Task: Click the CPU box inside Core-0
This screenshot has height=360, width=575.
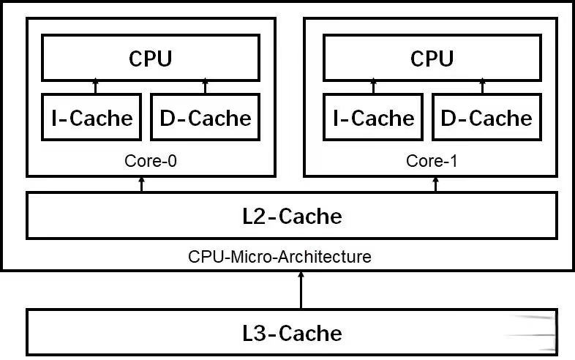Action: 150,58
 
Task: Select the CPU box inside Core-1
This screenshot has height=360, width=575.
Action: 432,58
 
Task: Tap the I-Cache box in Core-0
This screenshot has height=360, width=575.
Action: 92,117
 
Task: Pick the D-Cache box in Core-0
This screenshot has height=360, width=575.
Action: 205,117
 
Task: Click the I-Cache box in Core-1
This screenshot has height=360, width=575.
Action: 374,117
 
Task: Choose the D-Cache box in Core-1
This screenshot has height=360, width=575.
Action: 486,117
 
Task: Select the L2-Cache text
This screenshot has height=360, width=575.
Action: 292,217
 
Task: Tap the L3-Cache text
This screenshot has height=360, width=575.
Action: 292,334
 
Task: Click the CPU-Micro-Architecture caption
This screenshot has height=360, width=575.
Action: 279,257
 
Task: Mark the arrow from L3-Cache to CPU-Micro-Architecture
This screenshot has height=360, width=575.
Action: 300,290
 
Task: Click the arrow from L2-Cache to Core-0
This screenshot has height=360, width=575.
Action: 142,184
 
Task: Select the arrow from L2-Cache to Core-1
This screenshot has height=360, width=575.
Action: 436,184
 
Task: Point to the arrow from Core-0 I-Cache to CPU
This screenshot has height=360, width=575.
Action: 94,87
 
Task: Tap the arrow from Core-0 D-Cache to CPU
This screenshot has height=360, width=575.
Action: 206,87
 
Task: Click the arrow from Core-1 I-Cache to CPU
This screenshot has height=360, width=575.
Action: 376,87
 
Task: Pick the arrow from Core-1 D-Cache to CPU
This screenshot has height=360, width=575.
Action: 484,87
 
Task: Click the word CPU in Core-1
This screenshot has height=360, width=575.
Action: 432,59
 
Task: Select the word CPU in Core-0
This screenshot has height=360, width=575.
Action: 150,59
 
